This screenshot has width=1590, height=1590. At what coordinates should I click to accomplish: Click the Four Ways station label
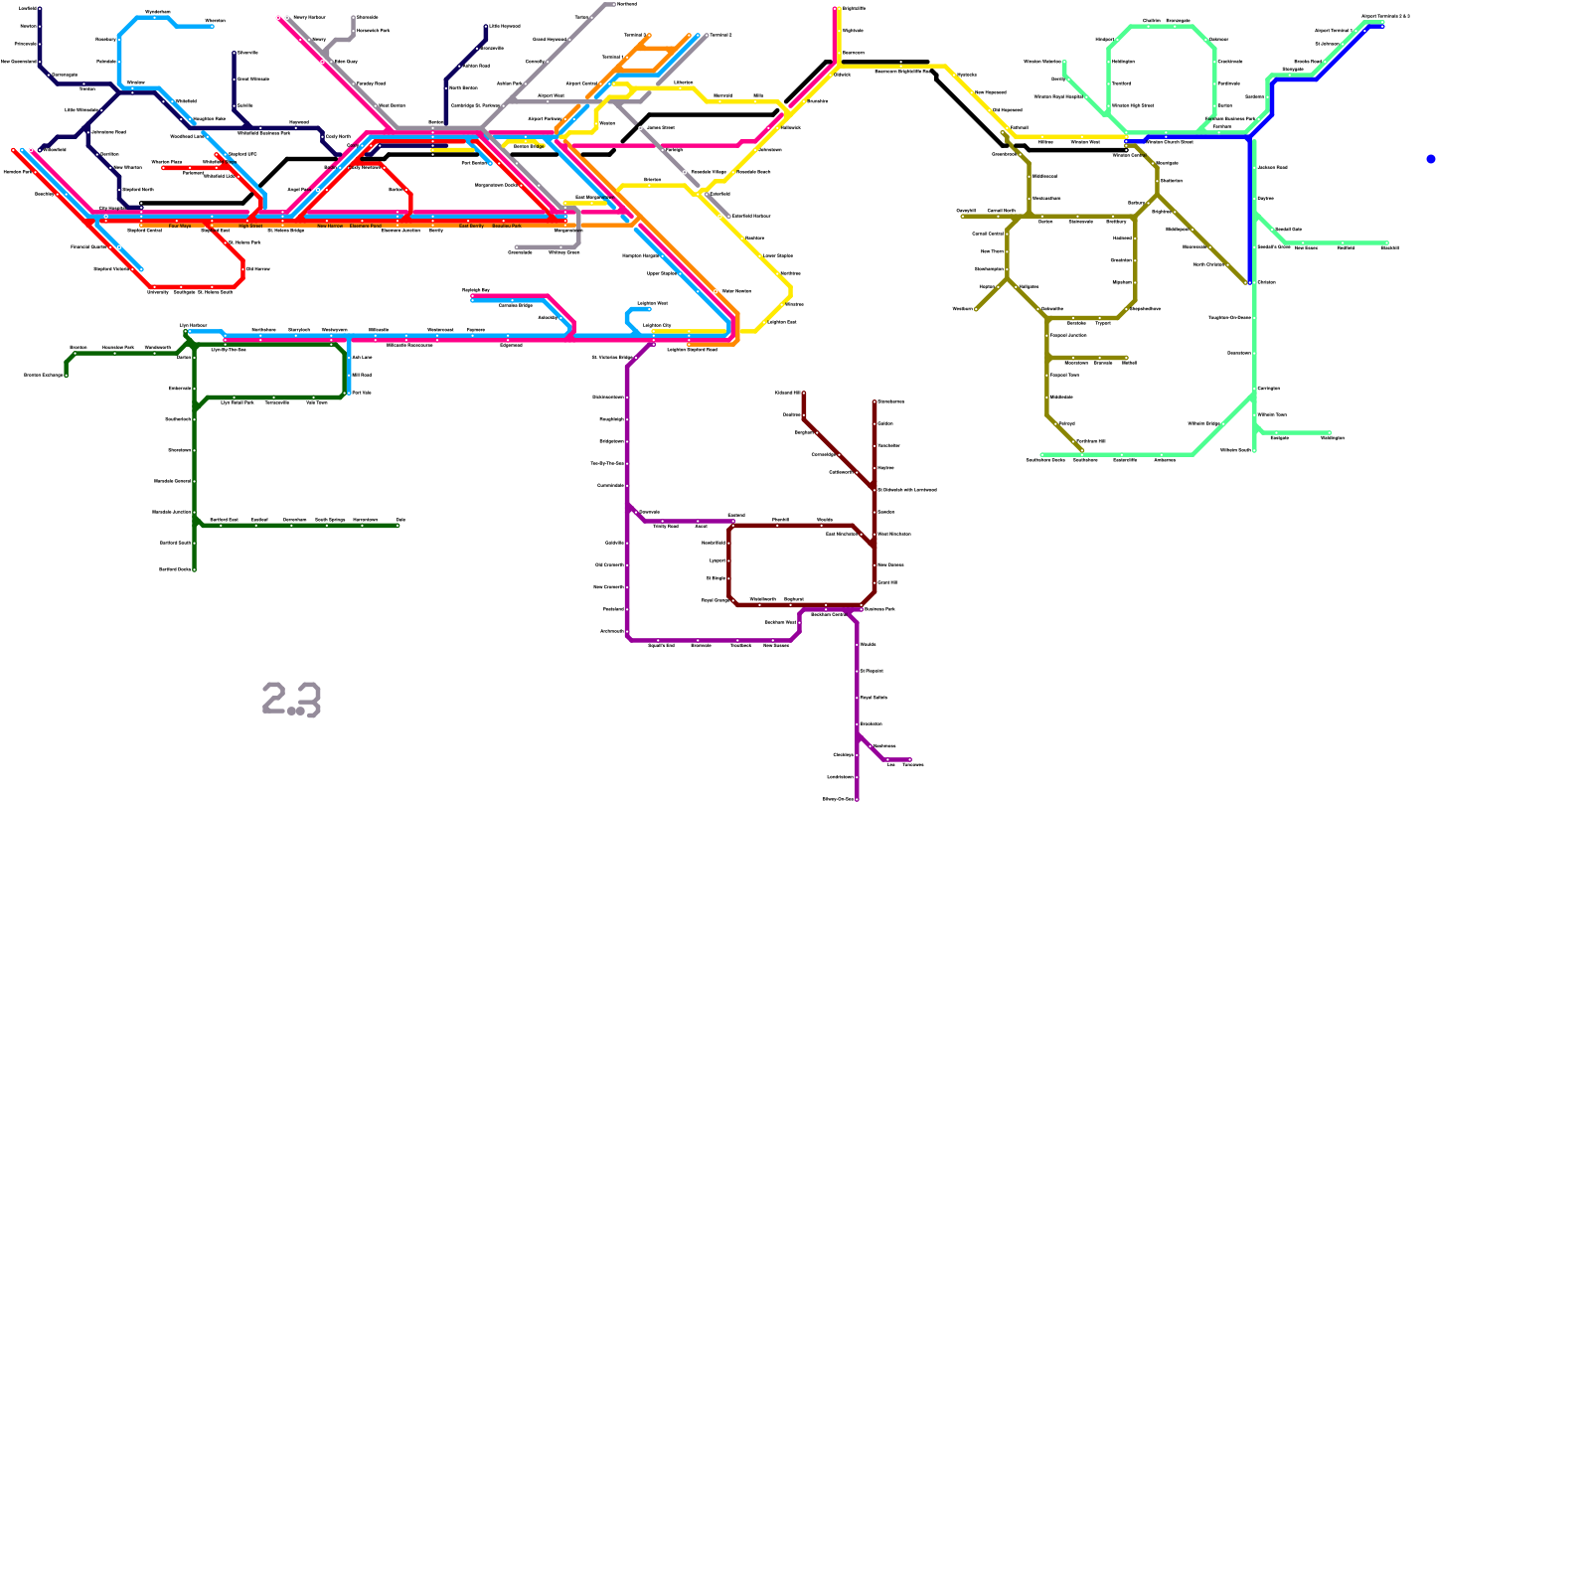[x=180, y=227]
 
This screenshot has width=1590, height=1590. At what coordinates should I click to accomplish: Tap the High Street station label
[x=250, y=227]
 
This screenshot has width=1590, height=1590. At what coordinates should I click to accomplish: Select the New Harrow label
[x=330, y=227]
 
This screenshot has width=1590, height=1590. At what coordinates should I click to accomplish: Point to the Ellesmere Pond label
[x=366, y=227]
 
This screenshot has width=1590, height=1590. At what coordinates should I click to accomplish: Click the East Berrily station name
[x=471, y=227]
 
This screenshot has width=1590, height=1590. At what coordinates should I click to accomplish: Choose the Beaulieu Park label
[x=507, y=227]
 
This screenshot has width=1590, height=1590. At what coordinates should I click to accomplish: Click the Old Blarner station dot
[x=243, y=268]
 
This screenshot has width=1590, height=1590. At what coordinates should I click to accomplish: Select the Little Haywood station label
[x=505, y=26]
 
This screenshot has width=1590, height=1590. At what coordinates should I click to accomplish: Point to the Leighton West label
[x=652, y=303]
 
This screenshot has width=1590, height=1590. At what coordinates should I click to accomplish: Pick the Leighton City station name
[x=657, y=325]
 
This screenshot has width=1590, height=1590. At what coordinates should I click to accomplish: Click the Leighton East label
[x=782, y=322]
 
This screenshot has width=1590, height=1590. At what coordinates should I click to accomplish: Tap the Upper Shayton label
[x=662, y=273]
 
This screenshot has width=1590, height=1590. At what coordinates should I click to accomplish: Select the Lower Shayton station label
[x=778, y=255]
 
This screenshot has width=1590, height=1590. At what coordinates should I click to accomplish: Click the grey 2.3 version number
[x=292, y=699]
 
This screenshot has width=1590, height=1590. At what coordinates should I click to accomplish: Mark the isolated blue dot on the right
[x=1431, y=159]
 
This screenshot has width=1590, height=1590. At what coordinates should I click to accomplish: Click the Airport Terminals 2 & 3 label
[x=1385, y=17]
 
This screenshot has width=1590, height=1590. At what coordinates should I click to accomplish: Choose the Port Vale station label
[x=362, y=393]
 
